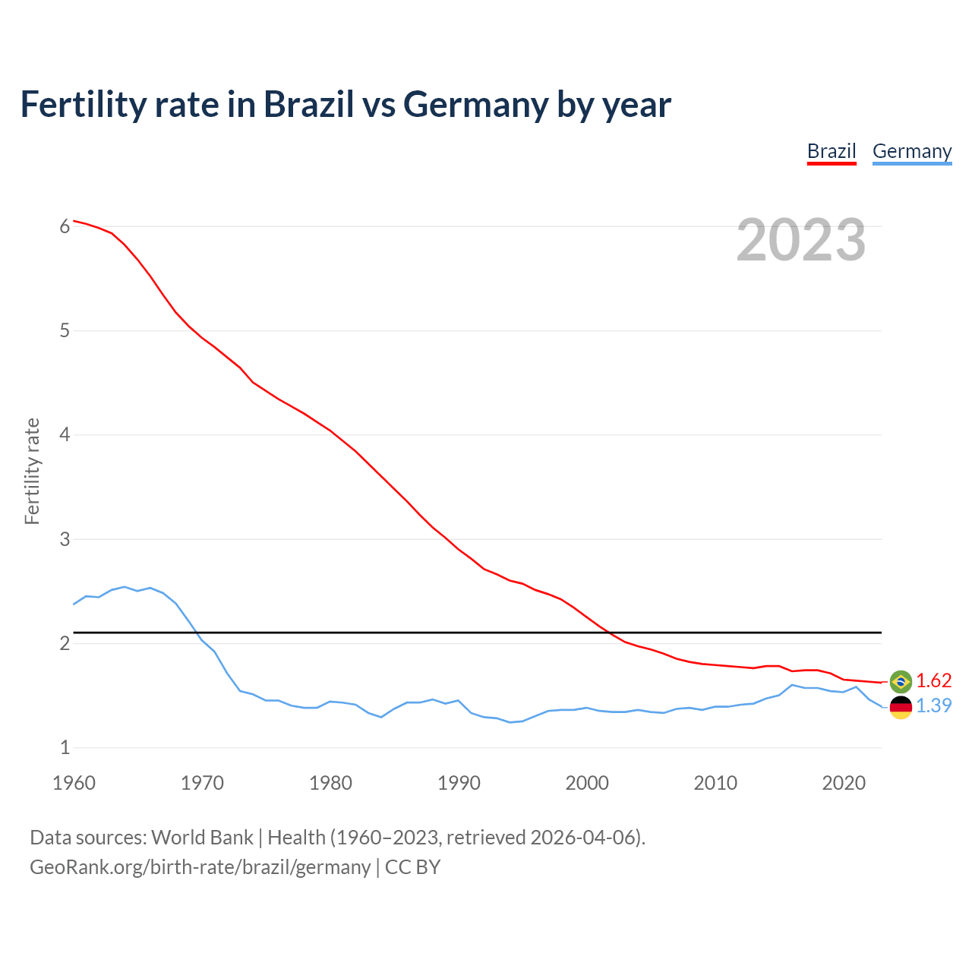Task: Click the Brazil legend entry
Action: [832, 151]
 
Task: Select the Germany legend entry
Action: [912, 151]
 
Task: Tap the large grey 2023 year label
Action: [801, 240]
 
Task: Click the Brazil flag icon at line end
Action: [901, 681]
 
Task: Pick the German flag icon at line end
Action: [901, 706]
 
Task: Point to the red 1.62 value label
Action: [933, 680]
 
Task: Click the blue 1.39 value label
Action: [933, 705]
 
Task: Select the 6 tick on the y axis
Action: [65, 226]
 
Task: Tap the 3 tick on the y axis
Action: [65, 539]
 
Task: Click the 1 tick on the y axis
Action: [65, 748]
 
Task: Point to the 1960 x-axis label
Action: [74, 783]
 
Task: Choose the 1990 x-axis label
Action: [459, 783]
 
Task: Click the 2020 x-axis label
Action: [844, 783]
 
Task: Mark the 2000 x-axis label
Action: [587, 783]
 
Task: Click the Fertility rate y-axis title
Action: [32, 471]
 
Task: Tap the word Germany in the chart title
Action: [475, 105]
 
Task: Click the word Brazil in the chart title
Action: [309, 105]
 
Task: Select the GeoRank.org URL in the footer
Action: [200, 866]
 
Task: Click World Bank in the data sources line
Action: [202, 837]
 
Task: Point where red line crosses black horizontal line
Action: [608, 632]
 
